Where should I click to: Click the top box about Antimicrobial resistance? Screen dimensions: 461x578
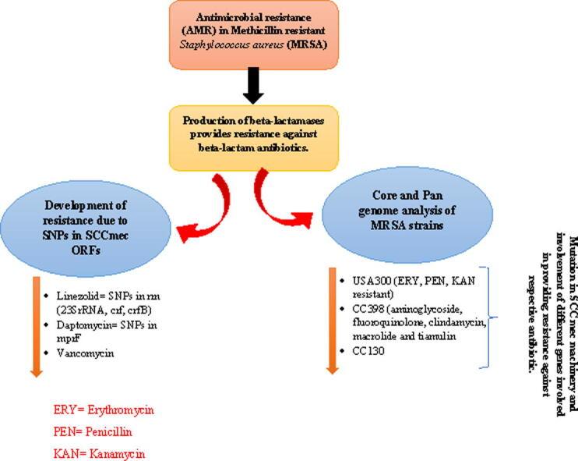[x=252, y=34]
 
